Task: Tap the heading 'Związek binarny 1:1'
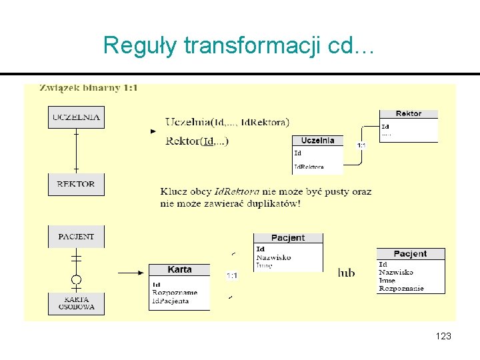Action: coord(89,88)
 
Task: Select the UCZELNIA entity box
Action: coord(76,117)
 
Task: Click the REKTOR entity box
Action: coord(76,184)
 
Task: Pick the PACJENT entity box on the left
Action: coord(76,237)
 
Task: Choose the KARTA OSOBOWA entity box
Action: coord(76,303)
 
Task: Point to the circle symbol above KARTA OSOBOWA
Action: coord(76,279)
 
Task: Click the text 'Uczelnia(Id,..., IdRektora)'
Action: coord(227,122)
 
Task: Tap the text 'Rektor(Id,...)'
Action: coord(197,141)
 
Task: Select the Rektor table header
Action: coord(409,114)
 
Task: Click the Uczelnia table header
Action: coord(318,141)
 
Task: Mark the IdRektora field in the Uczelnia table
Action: coord(309,167)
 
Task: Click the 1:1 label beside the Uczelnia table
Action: coord(361,145)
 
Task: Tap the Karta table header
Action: coord(179,270)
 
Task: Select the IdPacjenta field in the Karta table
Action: coord(171,301)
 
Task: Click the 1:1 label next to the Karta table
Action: coord(231,275)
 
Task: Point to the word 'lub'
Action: coord(347,273)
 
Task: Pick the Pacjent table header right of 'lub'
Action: coord(410,254)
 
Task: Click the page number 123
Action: coord(443,336)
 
